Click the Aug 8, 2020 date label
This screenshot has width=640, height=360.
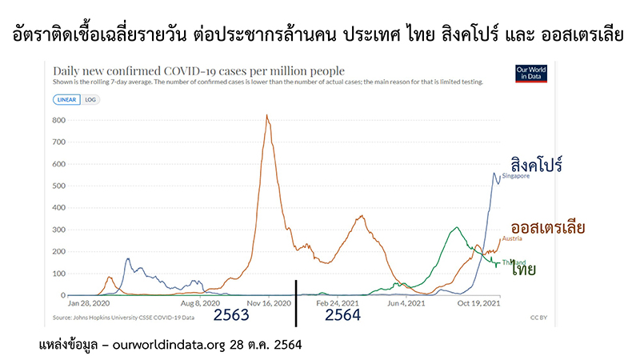pyautogui.click(x=200, y=304)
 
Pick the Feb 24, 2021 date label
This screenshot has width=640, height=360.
pyautogui.click(x=335, y=304)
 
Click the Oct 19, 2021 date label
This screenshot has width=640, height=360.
pyautogui.click(x=478, y=304)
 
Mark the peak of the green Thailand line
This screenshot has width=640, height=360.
pyautogui.click(x=455, y=228)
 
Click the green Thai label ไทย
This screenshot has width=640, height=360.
pyautogui.click(x=541, y=270)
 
